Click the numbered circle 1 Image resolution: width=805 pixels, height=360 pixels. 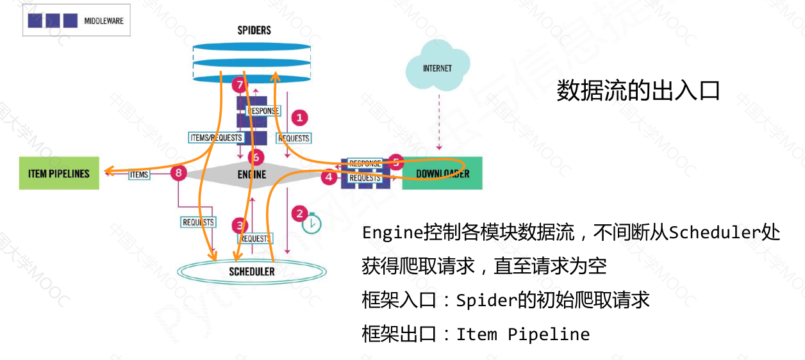tap(299, 118)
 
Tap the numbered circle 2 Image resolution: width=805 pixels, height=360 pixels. tap(299, 213)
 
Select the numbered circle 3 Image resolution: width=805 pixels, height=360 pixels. tap(240, 225)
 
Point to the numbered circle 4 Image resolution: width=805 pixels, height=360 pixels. tap(329, 176)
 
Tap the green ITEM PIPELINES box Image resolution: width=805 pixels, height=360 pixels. tap(59, 173)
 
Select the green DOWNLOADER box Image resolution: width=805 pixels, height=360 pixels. tap(442, 174)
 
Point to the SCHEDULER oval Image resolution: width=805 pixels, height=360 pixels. tap(251, 272)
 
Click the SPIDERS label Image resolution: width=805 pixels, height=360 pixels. tap(254, 30)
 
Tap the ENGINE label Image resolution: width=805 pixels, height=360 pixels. tap(251, 174)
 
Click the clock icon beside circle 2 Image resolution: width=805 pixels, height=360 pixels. tap(311, 224)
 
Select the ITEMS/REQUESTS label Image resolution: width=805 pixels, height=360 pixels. tap(217, 137)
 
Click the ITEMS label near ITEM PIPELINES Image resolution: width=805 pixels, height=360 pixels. tap(139, 174)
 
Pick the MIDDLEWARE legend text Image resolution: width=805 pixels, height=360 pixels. tap(104, 21)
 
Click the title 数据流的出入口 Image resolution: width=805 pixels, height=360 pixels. tap(638, 91)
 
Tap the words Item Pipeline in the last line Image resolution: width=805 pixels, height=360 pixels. tap(522, 334)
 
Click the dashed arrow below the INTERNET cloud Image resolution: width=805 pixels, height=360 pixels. tap(438, 122)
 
